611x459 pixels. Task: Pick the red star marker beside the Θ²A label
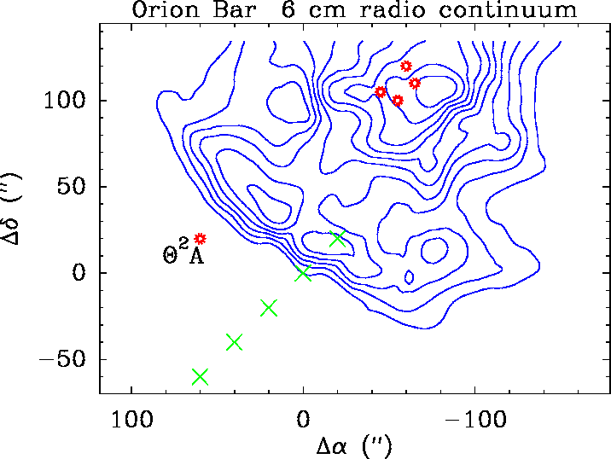[201, 239]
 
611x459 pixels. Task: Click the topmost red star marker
[406, 67]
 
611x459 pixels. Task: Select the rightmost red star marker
[415, 83]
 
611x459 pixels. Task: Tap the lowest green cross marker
[200, 376]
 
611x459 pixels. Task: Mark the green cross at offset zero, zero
[303, 273]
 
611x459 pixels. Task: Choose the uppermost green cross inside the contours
[337, 239]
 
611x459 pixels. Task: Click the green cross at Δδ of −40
[234, 342]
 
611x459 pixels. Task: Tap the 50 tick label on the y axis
[73, 188]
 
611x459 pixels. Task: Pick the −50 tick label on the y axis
[64, 359]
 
